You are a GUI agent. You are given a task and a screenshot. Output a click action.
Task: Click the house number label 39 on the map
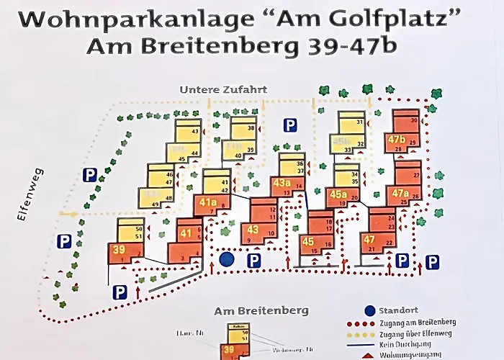point(119,250)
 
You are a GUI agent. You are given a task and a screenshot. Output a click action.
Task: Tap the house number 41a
point(208,202)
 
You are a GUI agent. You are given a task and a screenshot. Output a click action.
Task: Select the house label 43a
point(282,183)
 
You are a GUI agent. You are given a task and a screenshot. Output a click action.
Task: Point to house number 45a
point(338,194)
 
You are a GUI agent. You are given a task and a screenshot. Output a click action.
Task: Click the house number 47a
point(400,193)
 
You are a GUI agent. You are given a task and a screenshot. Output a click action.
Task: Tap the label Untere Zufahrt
point(223,90)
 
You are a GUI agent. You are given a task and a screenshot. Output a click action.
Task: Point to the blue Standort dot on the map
point(228,258)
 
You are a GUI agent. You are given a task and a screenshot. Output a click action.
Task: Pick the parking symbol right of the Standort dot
point(253,261)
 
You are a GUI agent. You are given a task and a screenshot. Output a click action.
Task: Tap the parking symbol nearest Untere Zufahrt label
point(290,125)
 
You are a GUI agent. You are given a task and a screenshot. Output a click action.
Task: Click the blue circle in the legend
point(369,311)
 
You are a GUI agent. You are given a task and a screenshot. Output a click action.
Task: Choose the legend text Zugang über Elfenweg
point(420,334)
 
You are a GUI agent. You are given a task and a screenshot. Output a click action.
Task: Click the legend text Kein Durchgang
point(410,346)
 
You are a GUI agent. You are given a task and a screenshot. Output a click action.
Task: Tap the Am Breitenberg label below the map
point(261,311)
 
